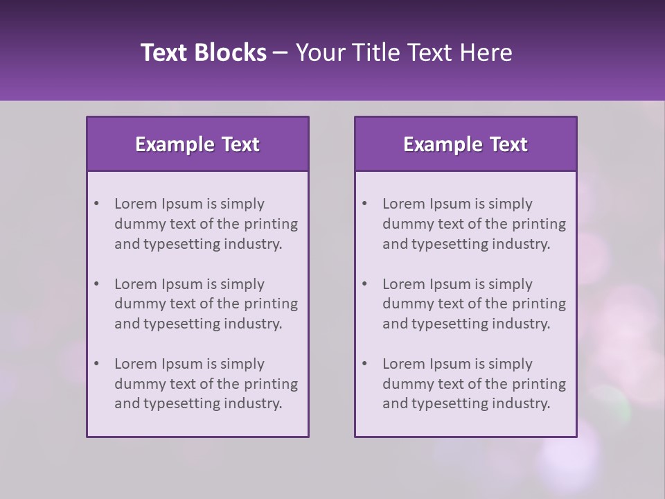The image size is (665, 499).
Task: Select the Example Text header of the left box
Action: point(197,144)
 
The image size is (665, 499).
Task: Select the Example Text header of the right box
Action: point(465,144)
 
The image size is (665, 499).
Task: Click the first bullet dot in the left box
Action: point(96,204)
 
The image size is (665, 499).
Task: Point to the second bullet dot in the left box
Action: point(96,284)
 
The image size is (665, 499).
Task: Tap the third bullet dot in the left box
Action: point(96,364)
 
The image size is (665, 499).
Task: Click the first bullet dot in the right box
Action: point(364,204)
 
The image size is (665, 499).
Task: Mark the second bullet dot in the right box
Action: point(364,284)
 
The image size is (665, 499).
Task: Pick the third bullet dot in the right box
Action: point(364,364)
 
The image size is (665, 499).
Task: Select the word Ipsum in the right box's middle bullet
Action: point(450,284)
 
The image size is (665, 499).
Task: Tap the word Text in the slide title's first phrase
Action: point(163,53)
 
